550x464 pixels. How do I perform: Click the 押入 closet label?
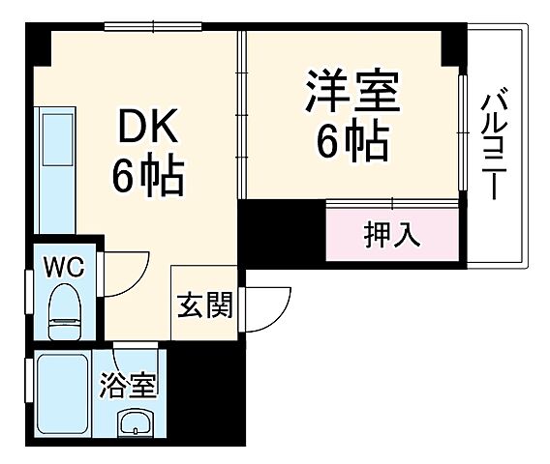[392, 235]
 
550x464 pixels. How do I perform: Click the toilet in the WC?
[67, 307]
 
